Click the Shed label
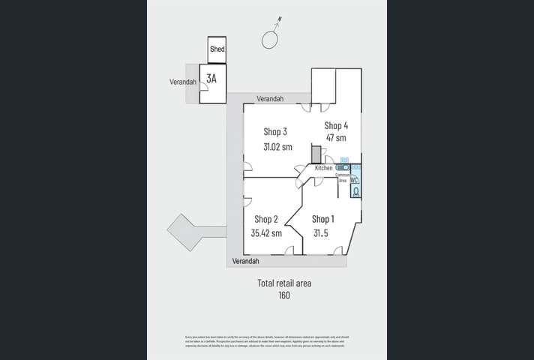pos(217,49)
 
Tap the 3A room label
pos(212,76)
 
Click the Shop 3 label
pos(275,132)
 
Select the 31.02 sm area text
pos(277,147)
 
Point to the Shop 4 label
pos(336,125)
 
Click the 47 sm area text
pos(336,138)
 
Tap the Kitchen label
pos(324,168)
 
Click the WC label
pos(353,180)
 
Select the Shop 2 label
pos(266,219)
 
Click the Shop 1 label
pos(323,219)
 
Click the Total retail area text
pos(284,283)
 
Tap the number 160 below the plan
pos(283,295)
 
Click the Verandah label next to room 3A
pos(183,82)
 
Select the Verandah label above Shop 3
pos(270,99)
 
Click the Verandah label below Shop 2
pos(245,261)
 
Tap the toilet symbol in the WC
pos(355,191)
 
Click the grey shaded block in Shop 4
pos(316,154)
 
